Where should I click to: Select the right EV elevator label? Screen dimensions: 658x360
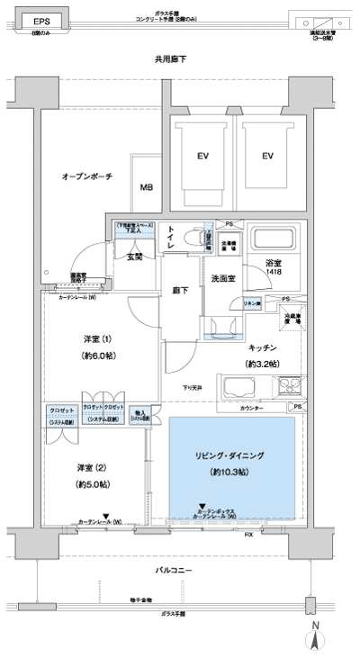pos(267,157)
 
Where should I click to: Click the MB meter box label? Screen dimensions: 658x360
pos(146,187)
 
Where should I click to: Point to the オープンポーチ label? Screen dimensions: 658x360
pos(87,176)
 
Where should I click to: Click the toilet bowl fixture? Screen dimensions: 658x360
pos(191,239)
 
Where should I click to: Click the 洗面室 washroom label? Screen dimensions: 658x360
pos(223,278)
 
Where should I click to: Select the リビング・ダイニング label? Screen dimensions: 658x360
pos(229,455)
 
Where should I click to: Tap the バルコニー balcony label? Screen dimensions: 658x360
pos(176,571)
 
